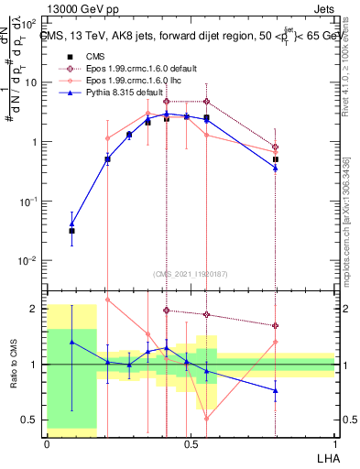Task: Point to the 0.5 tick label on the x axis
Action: [x=191, y=442]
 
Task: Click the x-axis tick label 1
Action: [x=334, y=442]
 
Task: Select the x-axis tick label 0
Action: [x=47, y=442]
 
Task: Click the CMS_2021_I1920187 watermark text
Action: [x=190, y=273]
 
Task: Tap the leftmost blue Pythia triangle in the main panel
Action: [x=72, y=223]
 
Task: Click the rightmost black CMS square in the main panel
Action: [x=275, y=158]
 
